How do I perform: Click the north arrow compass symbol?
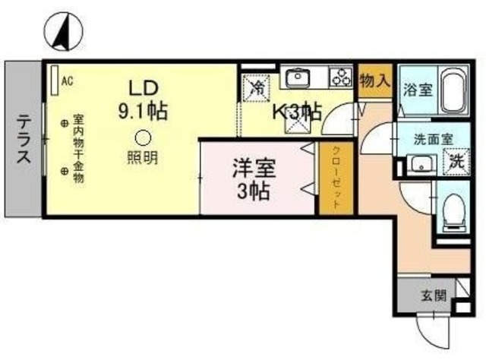64,32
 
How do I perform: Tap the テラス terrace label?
24,138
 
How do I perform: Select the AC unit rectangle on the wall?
55,80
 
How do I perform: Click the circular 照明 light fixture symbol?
143,137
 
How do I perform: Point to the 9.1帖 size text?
143,110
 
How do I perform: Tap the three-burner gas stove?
341,77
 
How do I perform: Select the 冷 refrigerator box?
256,88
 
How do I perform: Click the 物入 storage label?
374,81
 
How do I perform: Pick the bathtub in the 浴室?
453,90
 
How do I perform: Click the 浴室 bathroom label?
418,90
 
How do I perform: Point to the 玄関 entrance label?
434,296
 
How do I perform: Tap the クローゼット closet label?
336,178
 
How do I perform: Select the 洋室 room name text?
254,169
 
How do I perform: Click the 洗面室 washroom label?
434,140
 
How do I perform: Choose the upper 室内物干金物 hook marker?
64,123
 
